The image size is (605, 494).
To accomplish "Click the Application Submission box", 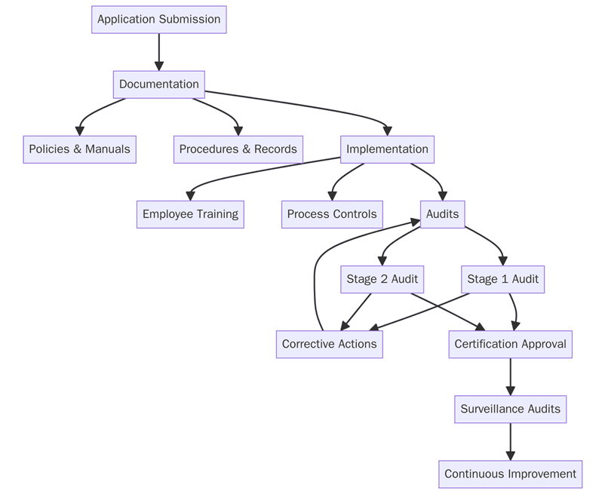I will point(158,20).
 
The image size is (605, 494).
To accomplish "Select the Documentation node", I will point(158,84).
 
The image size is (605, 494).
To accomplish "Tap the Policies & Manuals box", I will point(79,149).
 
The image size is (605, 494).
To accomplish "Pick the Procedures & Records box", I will point(238,149).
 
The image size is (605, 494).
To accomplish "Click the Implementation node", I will point(387,149).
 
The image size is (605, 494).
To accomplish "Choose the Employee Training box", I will point(190,214).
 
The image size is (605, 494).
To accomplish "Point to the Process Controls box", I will point(332,214).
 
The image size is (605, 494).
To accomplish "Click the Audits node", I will point(442,214).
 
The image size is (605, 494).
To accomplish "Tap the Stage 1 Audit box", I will point(502,279).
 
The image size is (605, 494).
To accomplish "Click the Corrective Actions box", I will point(329,344).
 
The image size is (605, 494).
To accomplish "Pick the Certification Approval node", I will point(510,344).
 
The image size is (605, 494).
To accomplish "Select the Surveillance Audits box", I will point(510,409).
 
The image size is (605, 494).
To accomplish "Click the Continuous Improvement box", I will point(510,474).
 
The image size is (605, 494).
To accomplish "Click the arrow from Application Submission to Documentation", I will point(158,51).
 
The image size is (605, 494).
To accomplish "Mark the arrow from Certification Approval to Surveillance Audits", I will point(510,376).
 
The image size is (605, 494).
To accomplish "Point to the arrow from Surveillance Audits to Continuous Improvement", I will point(510,441).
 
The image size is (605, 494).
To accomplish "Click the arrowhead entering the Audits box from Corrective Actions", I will point(415,221).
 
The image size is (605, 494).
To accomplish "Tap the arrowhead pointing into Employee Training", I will point(190,196).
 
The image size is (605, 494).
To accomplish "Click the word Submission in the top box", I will point(189,20).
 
